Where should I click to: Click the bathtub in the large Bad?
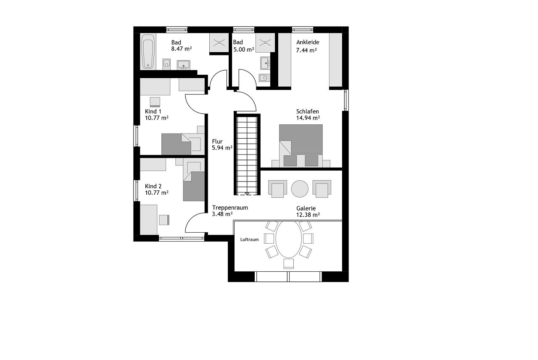(x=148, y=52)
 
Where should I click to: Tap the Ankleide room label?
(x=308, y=42)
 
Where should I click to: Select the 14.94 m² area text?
(x=308, y=118)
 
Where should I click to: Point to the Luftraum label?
(x=249, y=239)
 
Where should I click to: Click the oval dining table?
(x=288, y=239)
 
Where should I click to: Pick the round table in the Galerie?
(x=300, y=189)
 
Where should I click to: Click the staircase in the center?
(x=247, y=155)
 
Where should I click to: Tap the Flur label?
(x=217, y=142)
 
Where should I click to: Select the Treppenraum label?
(x=230, y=208)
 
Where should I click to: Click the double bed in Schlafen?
(x=301, y=145)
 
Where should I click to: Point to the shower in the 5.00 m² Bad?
(x=265, y=43)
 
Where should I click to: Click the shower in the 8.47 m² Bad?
(x=219, y=43)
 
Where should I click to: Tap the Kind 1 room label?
(x=153, y=111)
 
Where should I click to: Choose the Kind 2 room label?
(x=153, y=186)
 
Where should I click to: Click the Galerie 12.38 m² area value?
(x=308, y=215)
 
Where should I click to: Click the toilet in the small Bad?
(x=264, y=78)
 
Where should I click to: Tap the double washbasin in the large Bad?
(x=184, y=65)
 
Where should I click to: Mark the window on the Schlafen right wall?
(x=345, y=100)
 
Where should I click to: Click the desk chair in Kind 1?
(x=155, y=102)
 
